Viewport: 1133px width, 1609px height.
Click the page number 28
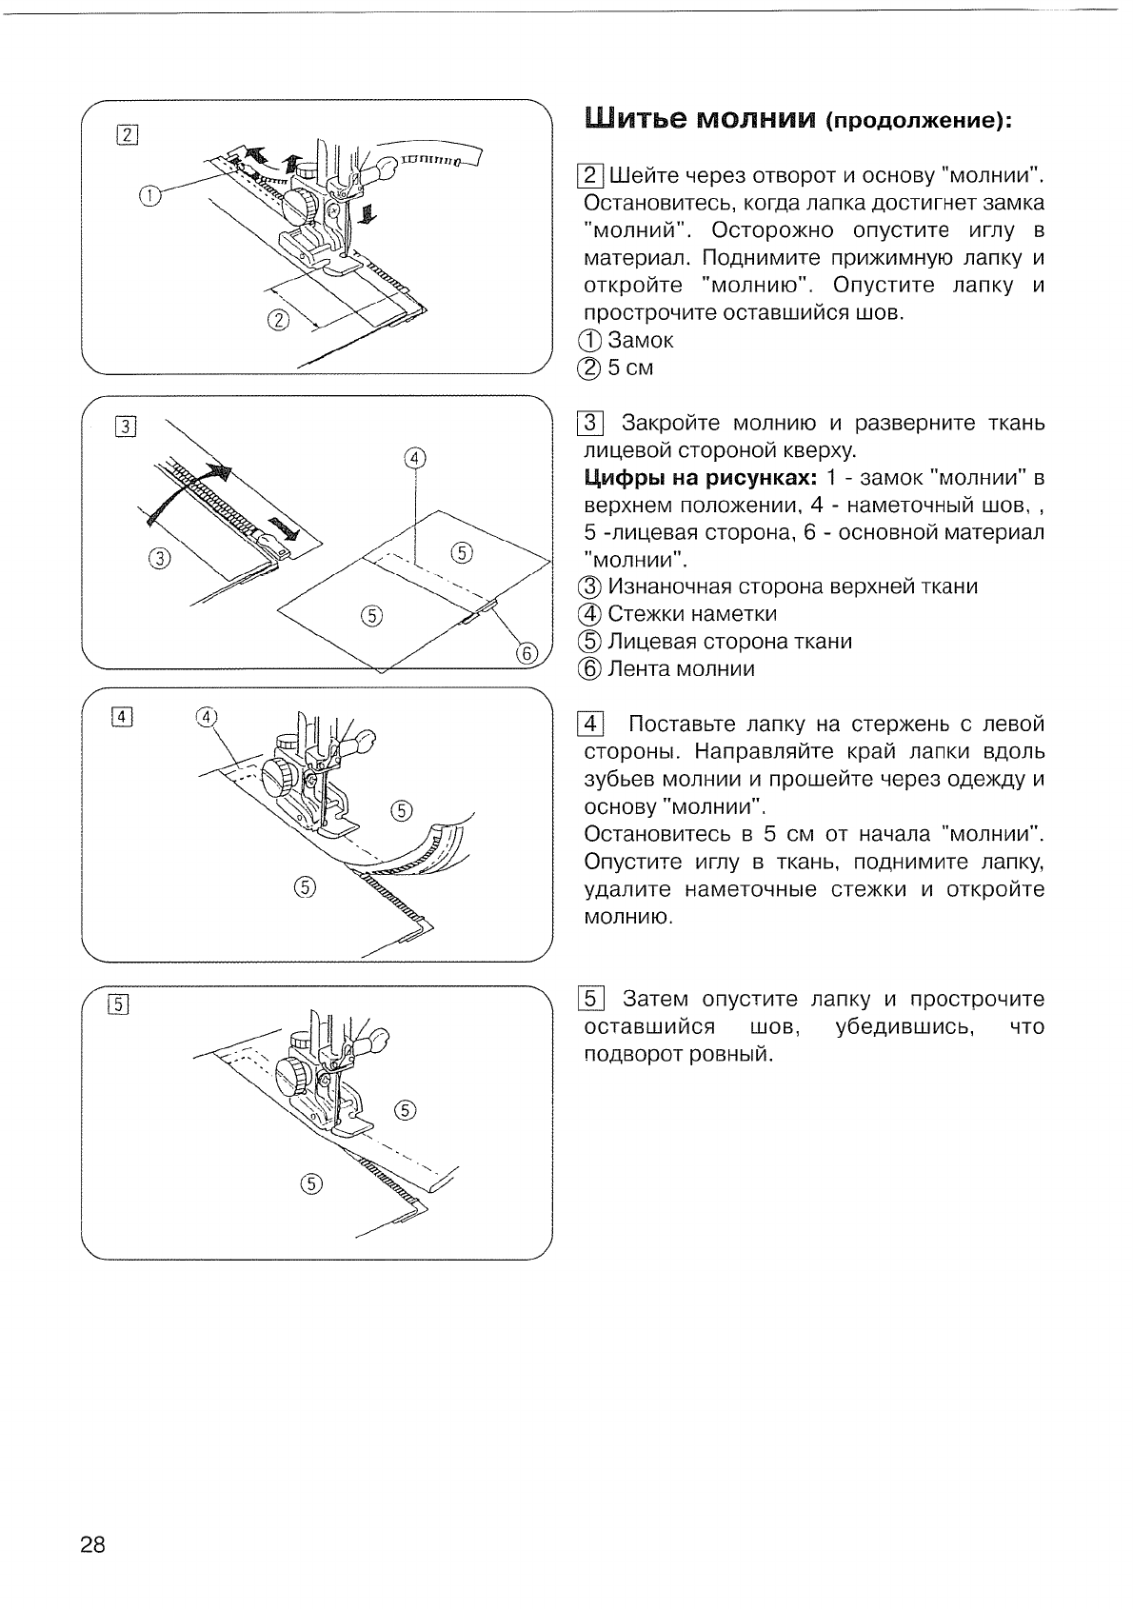coord(93,1544)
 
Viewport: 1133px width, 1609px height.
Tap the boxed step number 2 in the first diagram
coord(128,134)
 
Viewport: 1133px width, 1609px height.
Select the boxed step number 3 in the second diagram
coord(128,426)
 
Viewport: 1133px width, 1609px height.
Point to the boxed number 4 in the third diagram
coord(123,717)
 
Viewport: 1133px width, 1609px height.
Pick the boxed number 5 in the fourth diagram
coord(119,1004)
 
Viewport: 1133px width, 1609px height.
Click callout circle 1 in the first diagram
coord(150,196)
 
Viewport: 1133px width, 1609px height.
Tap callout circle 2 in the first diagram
coord(278,319)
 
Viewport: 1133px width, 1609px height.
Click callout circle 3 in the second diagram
coord(159,558)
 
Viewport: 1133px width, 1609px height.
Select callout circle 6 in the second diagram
coord(527,653)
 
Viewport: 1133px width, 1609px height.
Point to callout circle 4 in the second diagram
coord(415,458)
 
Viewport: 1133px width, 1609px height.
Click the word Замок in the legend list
coord(640,340)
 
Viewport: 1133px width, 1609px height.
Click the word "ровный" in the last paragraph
coord(727,1055)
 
